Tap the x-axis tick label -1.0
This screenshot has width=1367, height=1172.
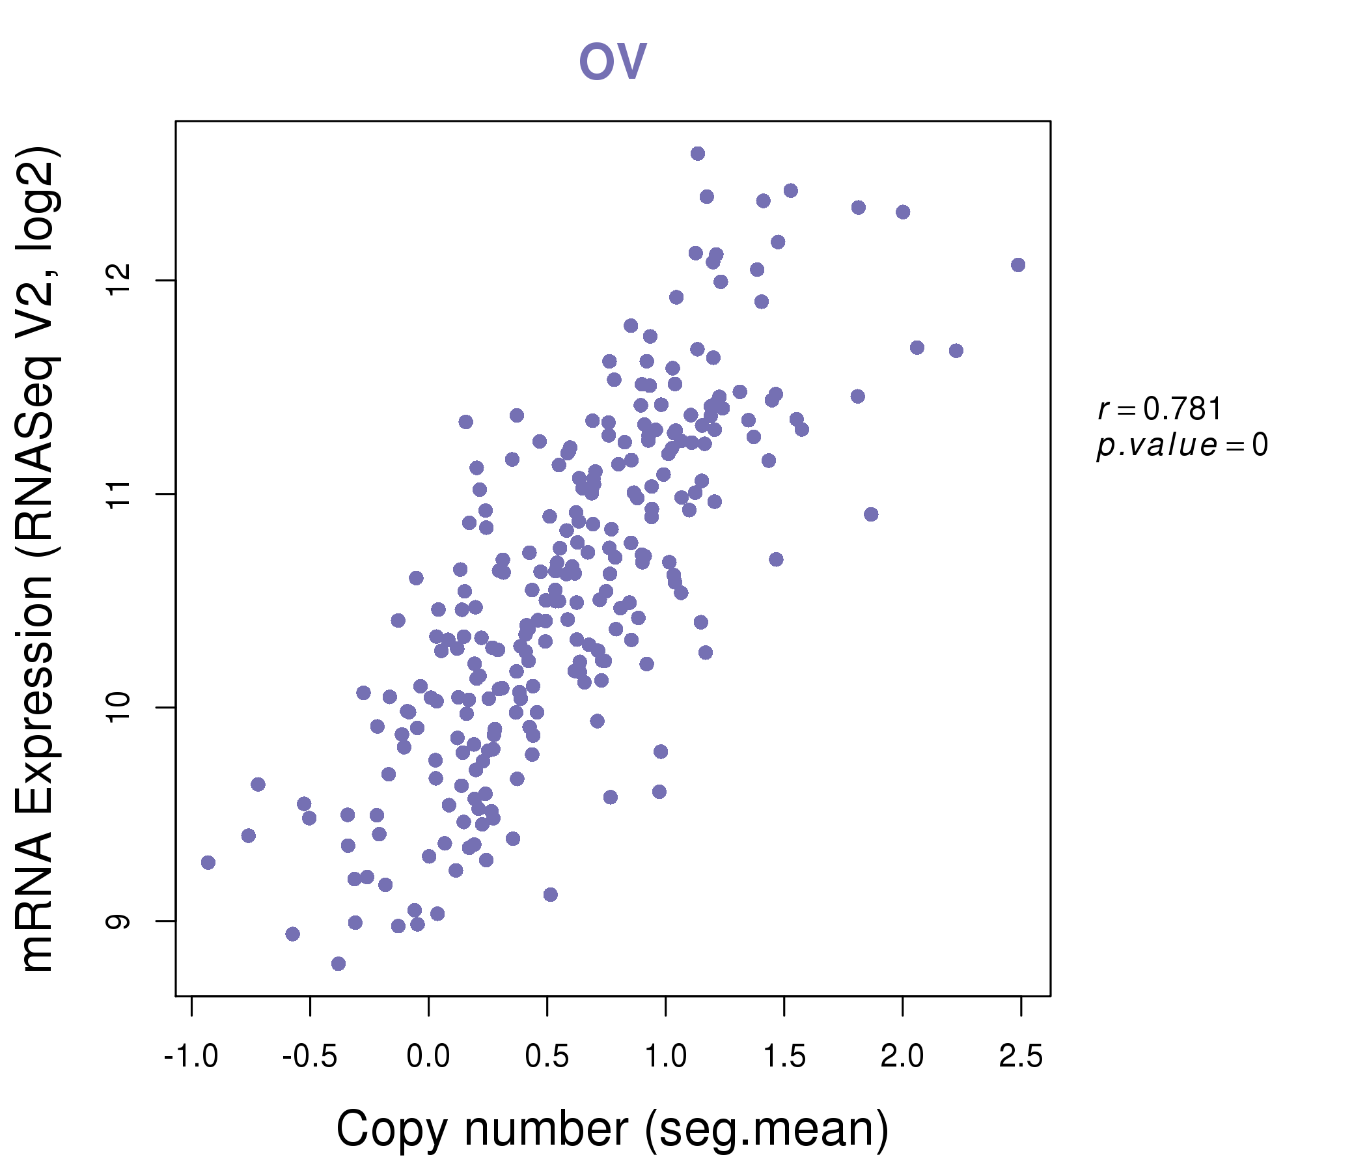pos(191,1057)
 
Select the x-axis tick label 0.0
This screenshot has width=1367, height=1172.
pos(428,1057)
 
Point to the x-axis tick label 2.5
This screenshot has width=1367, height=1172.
pos(1021,1057)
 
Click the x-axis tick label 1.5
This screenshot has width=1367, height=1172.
pos(784,1057)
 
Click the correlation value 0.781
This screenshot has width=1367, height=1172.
pos(1182,409)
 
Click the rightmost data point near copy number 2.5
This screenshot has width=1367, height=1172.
pos(1018,264)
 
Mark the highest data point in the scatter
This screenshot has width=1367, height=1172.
pos(698,154)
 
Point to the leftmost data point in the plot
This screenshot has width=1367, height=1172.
pos(208,863)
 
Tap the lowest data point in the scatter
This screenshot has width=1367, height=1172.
pos(338,964)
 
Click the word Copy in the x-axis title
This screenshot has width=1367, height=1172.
pos(392,1130)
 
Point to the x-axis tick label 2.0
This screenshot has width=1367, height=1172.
pos(902,1057)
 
